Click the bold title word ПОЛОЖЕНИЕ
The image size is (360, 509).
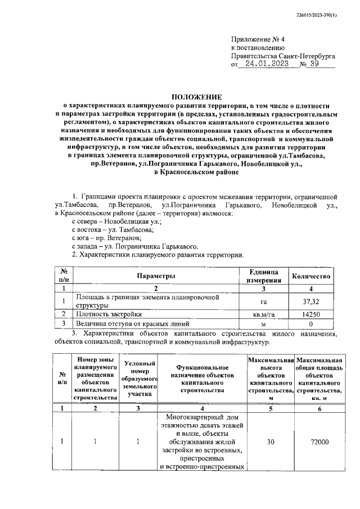point(196,97)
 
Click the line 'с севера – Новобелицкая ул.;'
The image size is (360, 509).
point(116,222)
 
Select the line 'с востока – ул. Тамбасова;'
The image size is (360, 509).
point(112,230)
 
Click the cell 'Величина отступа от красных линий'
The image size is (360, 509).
point(133,324)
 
